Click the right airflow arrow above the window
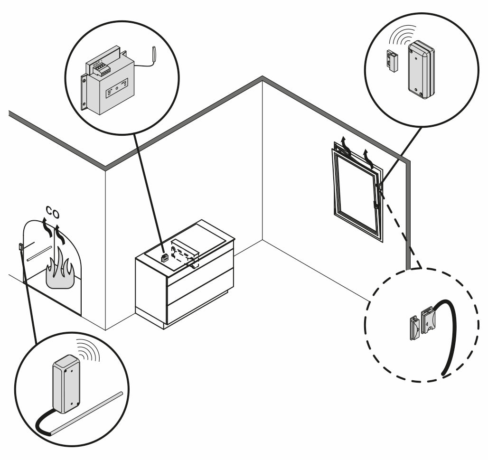367,158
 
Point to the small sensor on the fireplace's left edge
21,247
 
